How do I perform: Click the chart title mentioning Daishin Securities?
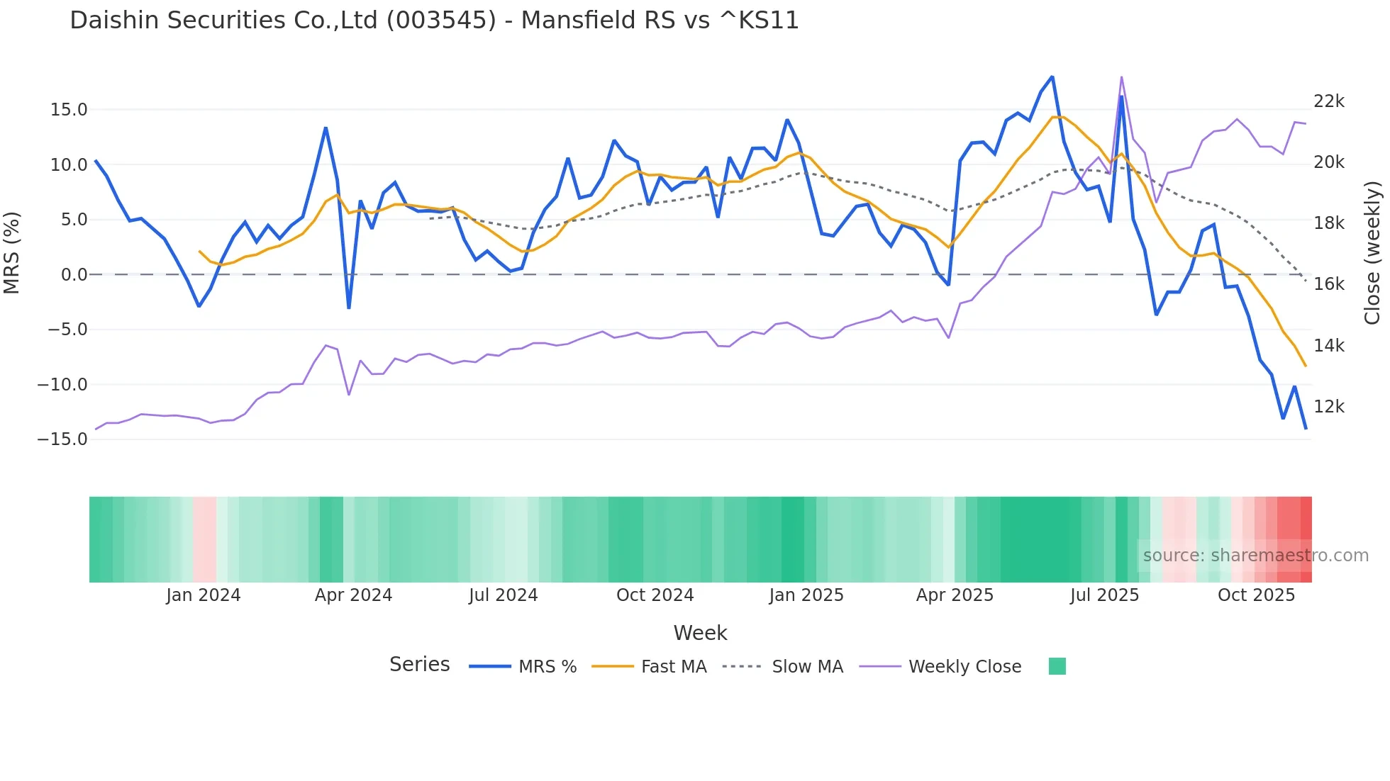click(x=434, y=21)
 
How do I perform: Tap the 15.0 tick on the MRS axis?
click(x=69, y=110)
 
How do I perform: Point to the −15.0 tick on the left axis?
click(x=62, y=439)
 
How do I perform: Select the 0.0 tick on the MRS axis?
click(x=74, y=275)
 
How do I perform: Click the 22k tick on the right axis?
click(x=1328, y=101)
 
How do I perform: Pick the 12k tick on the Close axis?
click(x=1328, y=407)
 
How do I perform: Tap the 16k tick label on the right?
click(x=1328, y=284)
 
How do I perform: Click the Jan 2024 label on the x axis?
click(x=204, y=595)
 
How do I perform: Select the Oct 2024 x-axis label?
click(x=655, y=595)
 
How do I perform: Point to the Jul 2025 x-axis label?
click(x=1104, y=595)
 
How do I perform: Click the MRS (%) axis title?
click(x=12, y=252)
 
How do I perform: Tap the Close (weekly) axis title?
click(x=1372, y=252)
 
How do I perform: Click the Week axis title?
click(x=700, y=633)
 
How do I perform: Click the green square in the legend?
click(x=1057, y=666)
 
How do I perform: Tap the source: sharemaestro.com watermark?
click(x=1255, y=556)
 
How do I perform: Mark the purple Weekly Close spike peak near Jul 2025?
click(x=1121, y=77)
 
